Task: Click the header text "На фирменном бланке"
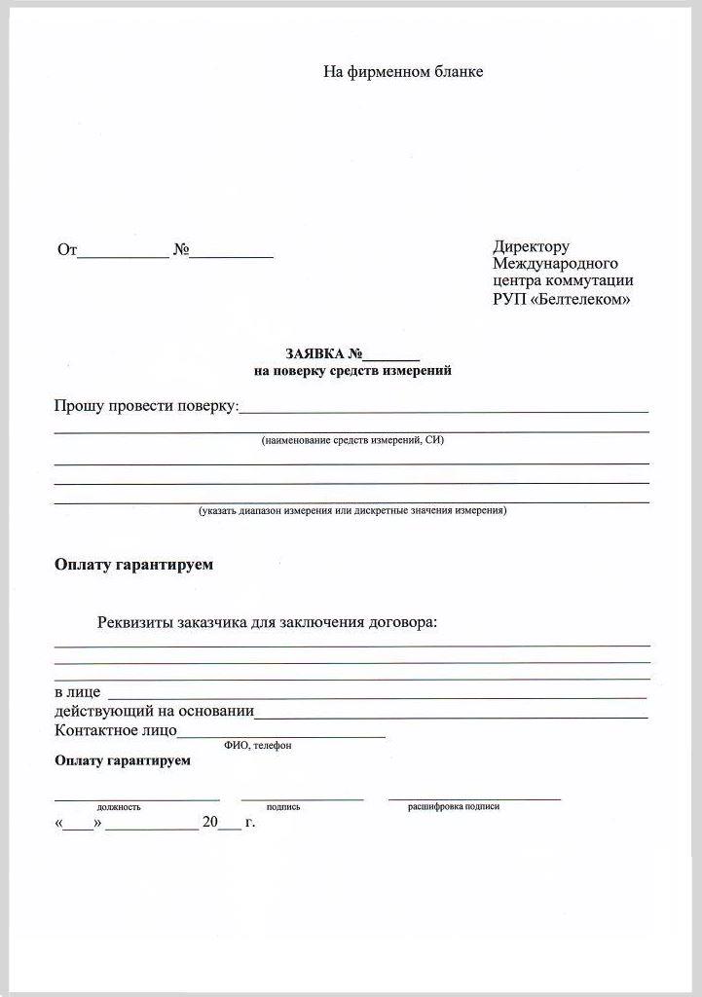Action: tap(403, 72)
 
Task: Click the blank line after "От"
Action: tap(123, 255)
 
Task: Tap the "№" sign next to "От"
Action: tap(181, 250)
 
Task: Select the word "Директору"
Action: tap(531, 247)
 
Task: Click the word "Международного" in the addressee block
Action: tap(555, 264)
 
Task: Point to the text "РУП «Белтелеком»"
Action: tap(561, 299)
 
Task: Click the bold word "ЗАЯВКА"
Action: tap(315, 354)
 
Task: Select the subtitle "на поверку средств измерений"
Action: tap(352, 371)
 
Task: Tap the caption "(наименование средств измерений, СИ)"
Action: tap(352, 441)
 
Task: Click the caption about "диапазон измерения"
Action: tap(352, 510)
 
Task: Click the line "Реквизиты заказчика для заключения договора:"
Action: tap(268, 623)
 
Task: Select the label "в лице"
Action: tap(78, 692)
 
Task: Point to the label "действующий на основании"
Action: tap(155, 712)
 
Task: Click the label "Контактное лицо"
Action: tap(116, 729)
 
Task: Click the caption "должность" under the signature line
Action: tap(119, 807)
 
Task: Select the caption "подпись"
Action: tap(283, 807)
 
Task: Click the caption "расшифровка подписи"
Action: tap(454, 806)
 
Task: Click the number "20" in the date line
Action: tap(210, 823)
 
